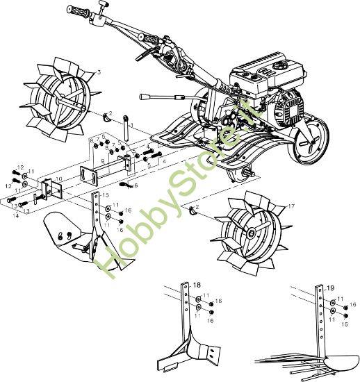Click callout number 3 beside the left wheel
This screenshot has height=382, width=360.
[x=99, y=72]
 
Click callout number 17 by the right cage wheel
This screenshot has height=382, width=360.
[x=292, y=206]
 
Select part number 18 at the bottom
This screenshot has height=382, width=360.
[x=197, y=285]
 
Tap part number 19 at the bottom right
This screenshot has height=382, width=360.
[x=330, y=287]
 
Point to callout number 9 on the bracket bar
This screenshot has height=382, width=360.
[x=102, y=160]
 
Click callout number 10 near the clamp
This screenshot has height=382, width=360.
[x=59, y=178]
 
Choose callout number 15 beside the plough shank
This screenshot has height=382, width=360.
[x=106, y=196]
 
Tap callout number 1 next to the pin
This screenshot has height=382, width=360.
[x=132, y=125]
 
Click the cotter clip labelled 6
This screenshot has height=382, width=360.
[x=127, y=185]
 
